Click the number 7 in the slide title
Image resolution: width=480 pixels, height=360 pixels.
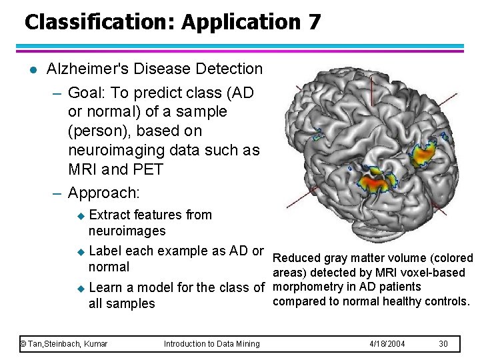pyautogui.click(x=314, y=21)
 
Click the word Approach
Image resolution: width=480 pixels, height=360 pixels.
pyautogui.click(x=103, y=193)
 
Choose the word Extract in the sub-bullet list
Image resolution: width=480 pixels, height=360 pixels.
pyautogui.click(x=109, y=215)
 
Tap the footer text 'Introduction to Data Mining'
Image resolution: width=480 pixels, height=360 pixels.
pyautogui.click(x=212, y=343)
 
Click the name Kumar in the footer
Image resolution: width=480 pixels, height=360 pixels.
pyautogui.click(x=95, y=343)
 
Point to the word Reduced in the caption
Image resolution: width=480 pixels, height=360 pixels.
pyautogui.click(x=297, y=258)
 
